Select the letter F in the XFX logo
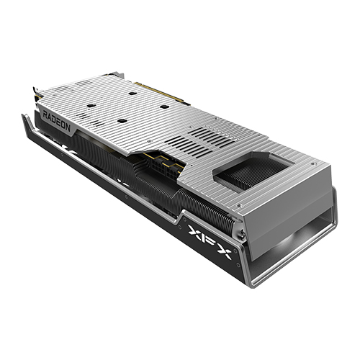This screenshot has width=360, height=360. pos(209,238)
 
